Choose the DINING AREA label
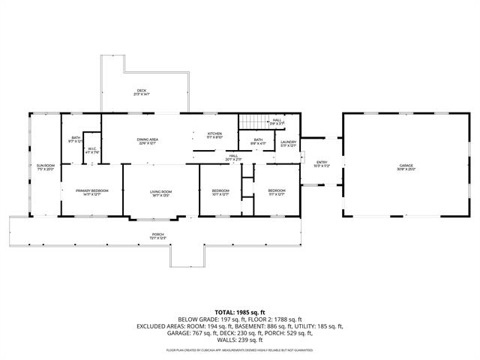point(147,141)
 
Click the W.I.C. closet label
point(91,149)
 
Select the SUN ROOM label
point(46,166)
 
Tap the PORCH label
point(158,235)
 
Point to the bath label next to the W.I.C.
point(76,139)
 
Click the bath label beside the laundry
point(257,141)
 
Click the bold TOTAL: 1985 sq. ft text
point(240,311)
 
